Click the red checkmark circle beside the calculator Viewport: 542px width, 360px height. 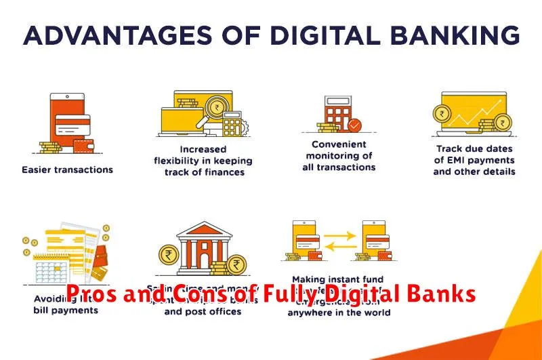pos(354,125)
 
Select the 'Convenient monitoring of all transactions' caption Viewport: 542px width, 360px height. pos(339,155)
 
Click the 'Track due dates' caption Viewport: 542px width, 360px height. pos(474,160)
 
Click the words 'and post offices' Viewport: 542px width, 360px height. pos(203,312)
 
